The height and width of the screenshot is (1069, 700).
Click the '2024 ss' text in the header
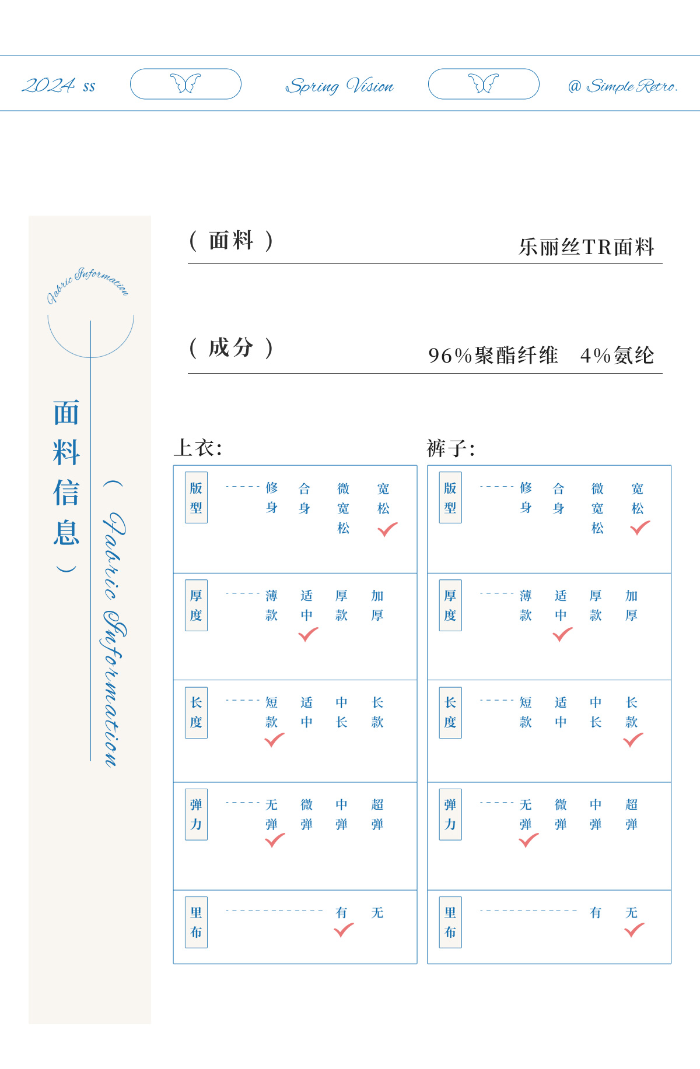click(x=58, y=86)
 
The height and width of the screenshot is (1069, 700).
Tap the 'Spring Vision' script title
click(x=339, y=86)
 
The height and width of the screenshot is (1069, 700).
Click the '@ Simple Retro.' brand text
click(x=622, y=86)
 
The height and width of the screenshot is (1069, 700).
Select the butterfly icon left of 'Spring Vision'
click(x=185, y=83)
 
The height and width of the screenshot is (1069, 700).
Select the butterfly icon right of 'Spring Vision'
click(x=484, y=83)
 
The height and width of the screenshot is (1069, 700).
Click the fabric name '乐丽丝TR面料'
click(x=586, y=247)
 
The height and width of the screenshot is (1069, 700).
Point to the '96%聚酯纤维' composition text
click(x=493, y=355)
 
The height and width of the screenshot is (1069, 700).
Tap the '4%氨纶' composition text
click(x=617, y=355)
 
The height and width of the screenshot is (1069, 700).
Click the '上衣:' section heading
click(x=198, y=448)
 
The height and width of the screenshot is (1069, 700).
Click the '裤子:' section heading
click(x=451, y=448)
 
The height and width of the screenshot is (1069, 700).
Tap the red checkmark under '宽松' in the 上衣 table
click(x=387, y=529)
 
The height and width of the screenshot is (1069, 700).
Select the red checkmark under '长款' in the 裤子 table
click(x=633, y=740)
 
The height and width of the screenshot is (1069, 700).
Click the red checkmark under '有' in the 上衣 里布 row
click(x=344, y=930)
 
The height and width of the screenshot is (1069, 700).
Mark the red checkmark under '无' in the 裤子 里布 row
click(x=634, y=930)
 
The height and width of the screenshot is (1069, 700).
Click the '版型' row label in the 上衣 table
click(x=196, y=497)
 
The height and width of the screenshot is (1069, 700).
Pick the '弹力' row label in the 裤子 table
click(x=450, y=814)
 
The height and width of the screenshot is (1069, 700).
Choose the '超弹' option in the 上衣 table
click(x=377, y=814)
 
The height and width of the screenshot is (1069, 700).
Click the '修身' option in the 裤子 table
click(x=526, y=497)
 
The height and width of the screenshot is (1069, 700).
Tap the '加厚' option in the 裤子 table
click(x=631, y=605)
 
